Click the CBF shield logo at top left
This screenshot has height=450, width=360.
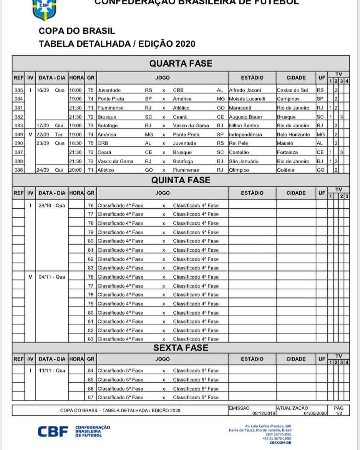(44, 10)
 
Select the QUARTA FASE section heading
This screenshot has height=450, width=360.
(181, 63)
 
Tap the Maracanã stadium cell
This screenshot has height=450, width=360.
(240, 108)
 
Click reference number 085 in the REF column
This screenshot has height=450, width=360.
(18, 90)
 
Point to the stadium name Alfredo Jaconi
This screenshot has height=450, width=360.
(245, 90)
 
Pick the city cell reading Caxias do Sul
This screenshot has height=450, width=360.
(292, 90)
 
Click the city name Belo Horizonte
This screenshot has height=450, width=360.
(293, 135)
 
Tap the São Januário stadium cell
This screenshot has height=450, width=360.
(244, 161)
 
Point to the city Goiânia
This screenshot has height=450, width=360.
(285, 170)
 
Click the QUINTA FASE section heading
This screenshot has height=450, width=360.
(181, 180)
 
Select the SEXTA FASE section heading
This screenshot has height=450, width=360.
(181, 348)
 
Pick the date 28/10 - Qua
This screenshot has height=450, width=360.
(52, 206)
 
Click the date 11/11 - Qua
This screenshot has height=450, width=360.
(52, 371)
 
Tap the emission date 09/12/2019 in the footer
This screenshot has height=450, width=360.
(264, 413)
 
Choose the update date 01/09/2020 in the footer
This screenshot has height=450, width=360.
(315, 413)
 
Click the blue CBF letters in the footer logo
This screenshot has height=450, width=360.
(53, 432)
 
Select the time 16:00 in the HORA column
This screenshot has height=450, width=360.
(75, 90)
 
